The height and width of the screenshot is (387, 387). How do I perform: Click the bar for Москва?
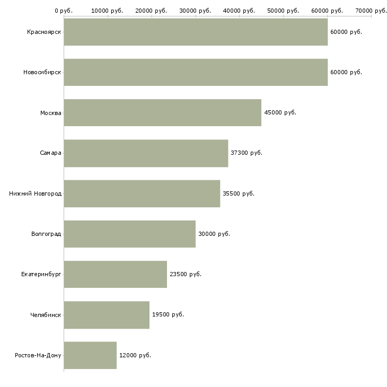point(162,112)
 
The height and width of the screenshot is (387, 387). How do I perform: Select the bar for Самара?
point(146,153)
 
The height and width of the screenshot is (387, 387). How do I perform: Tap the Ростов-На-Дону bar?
point(90,355)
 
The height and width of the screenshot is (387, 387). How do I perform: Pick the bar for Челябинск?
point(107,315)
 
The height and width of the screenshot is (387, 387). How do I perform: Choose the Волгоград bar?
point(129,234)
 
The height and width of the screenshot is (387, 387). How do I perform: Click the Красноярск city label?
point(44,32)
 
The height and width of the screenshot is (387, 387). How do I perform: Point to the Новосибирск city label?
point(42,73)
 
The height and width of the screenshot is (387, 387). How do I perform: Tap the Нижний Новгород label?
point(36,193)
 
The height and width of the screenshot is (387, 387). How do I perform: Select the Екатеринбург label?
point(41,275)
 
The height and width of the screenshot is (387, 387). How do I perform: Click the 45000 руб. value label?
point(280,112)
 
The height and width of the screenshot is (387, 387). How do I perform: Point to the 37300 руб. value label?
point(247,153)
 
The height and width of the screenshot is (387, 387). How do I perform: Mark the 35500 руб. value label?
point(239,193)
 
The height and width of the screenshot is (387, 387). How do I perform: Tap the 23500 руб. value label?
point(186,275)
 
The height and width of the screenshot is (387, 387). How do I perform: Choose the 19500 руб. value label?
point(168,315)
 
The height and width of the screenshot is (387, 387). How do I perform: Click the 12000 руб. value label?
point(135,355)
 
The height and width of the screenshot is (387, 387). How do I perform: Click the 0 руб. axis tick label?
point(64,11)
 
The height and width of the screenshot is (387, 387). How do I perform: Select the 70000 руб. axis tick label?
point(371,11)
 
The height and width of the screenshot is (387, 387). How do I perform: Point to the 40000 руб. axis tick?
point(239,11)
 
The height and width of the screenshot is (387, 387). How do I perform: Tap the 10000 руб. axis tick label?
point(107,11)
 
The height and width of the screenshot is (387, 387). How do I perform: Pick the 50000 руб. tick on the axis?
point(283,11)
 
